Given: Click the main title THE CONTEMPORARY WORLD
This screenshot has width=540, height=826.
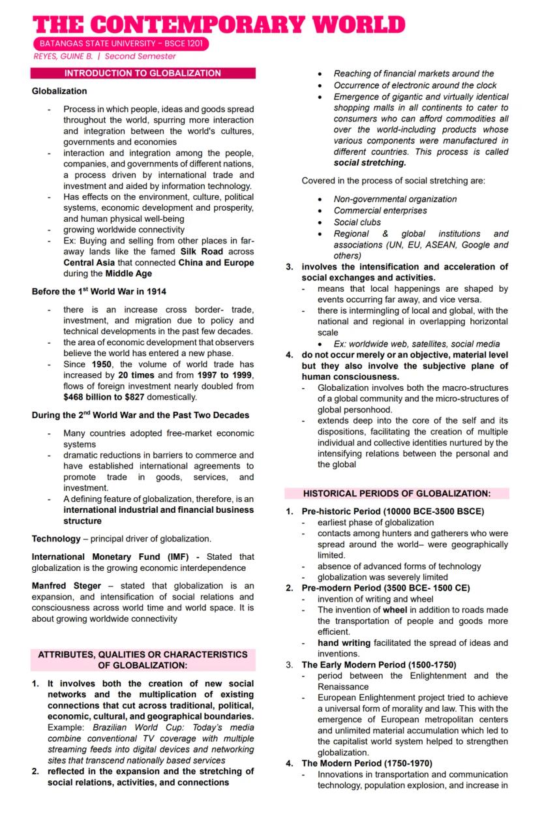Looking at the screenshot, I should click(219, 24).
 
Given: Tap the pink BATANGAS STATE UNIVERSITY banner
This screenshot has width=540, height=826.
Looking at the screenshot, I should click(120, 44).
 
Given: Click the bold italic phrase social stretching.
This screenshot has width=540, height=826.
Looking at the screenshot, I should click(369, 162).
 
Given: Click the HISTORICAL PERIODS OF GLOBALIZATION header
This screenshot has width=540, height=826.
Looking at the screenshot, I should click(397, 493).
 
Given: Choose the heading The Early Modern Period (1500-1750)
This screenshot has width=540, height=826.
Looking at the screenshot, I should click(378, 665).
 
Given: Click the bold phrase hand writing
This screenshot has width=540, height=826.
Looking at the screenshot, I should click(344, 643).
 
